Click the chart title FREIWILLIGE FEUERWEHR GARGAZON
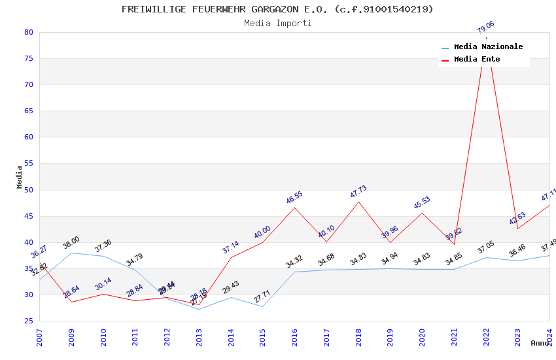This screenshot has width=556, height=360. point(277,9)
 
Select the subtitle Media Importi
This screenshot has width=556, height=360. point(277,23)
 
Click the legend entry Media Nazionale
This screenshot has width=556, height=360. point(488,46)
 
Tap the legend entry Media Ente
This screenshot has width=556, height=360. point(477,59)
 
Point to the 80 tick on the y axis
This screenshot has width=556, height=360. point(28,32)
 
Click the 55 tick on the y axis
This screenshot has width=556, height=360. point(28,164)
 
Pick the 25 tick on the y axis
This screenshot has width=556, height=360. point(28,321)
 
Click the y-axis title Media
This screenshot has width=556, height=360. point(19,177)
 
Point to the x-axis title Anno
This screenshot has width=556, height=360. point(540,343)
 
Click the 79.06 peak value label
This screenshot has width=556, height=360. point(486,27)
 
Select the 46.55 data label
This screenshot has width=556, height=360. point(294,198)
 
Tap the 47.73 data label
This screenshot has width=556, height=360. point(358,192)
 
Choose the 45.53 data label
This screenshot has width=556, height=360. point(422,203)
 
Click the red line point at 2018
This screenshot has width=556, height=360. point(358,202)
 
